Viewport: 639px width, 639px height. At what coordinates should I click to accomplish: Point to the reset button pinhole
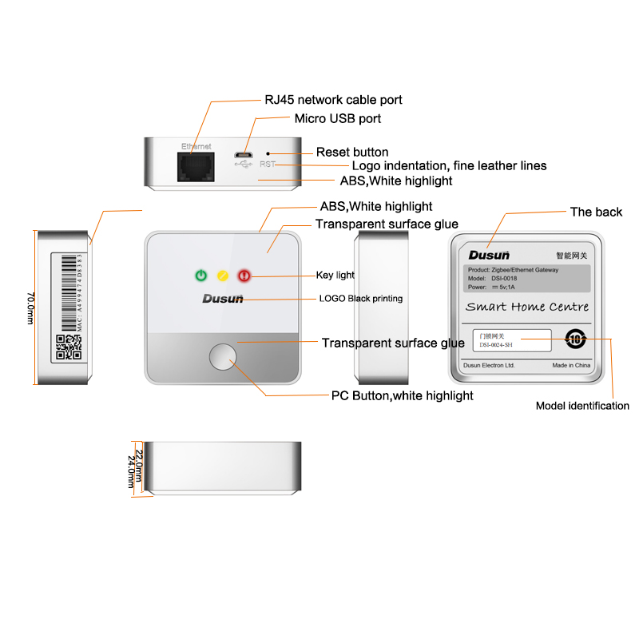268,153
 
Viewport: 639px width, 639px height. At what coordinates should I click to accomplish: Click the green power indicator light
201,276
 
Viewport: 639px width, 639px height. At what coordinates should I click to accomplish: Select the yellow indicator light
223,276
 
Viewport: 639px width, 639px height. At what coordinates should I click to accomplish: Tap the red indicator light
244,276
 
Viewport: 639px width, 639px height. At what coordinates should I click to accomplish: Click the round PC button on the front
224,356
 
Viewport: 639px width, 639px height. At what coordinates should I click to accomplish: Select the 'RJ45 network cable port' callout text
333,100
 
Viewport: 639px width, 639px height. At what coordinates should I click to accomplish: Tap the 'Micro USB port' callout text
338,118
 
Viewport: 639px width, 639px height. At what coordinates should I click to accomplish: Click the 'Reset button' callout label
352,152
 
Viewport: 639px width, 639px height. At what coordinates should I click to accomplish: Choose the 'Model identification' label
582,406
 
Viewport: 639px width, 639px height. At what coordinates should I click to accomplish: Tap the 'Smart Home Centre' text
527,307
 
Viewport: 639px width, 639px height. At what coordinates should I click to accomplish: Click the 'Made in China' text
570,365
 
